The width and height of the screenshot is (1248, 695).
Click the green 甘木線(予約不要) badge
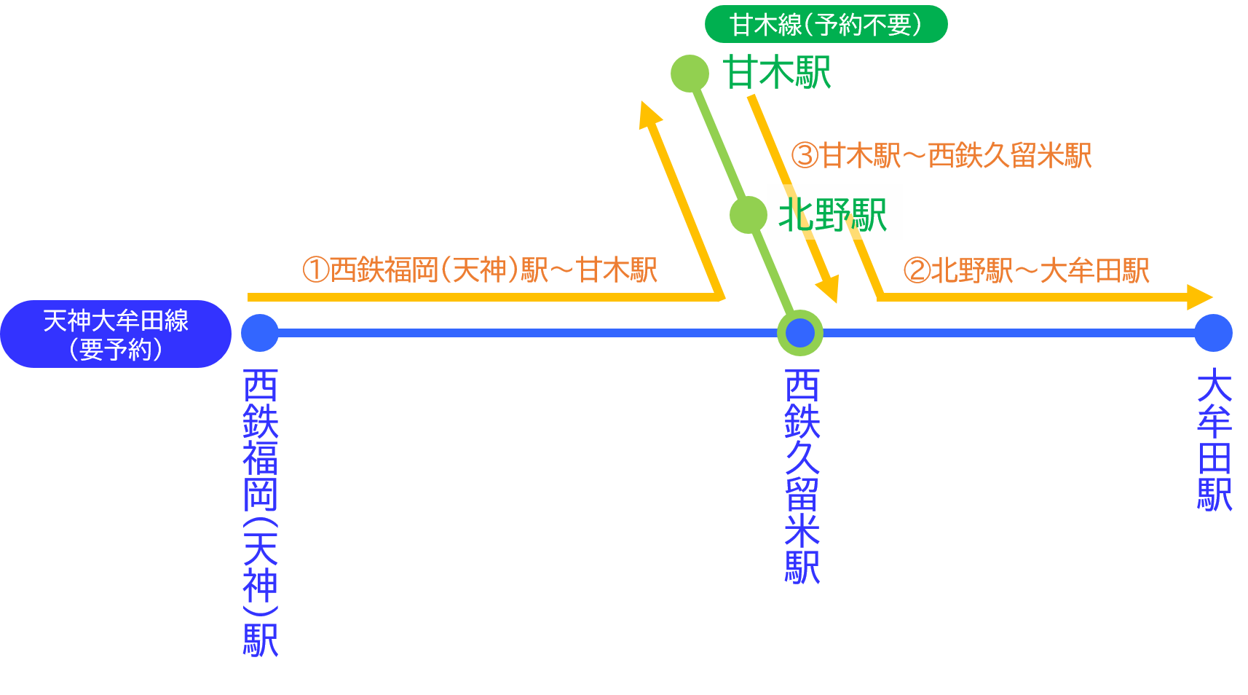point(826,25)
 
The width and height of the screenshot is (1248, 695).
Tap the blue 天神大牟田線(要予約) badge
point(116,334)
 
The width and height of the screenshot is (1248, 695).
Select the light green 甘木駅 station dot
point(690,73)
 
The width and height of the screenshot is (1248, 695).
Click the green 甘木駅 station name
point(777,73)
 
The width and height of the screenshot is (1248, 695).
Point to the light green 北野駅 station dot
point(748,214)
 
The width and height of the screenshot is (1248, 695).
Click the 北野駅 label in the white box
point(834,213)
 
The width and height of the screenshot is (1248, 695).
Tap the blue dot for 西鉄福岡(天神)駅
point(260,333)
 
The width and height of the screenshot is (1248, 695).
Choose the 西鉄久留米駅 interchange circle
point(800,333)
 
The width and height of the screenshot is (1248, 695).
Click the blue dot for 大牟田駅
point(1213,333)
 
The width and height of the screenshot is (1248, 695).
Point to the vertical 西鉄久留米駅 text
point(802,476)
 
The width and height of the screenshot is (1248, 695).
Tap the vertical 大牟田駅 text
point(1214,440)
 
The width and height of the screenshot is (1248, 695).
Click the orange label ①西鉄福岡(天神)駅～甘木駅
point(480,270)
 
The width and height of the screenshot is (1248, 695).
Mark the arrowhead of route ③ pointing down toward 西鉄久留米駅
point(829,288)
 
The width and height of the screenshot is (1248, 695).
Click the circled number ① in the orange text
point(316,270)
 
